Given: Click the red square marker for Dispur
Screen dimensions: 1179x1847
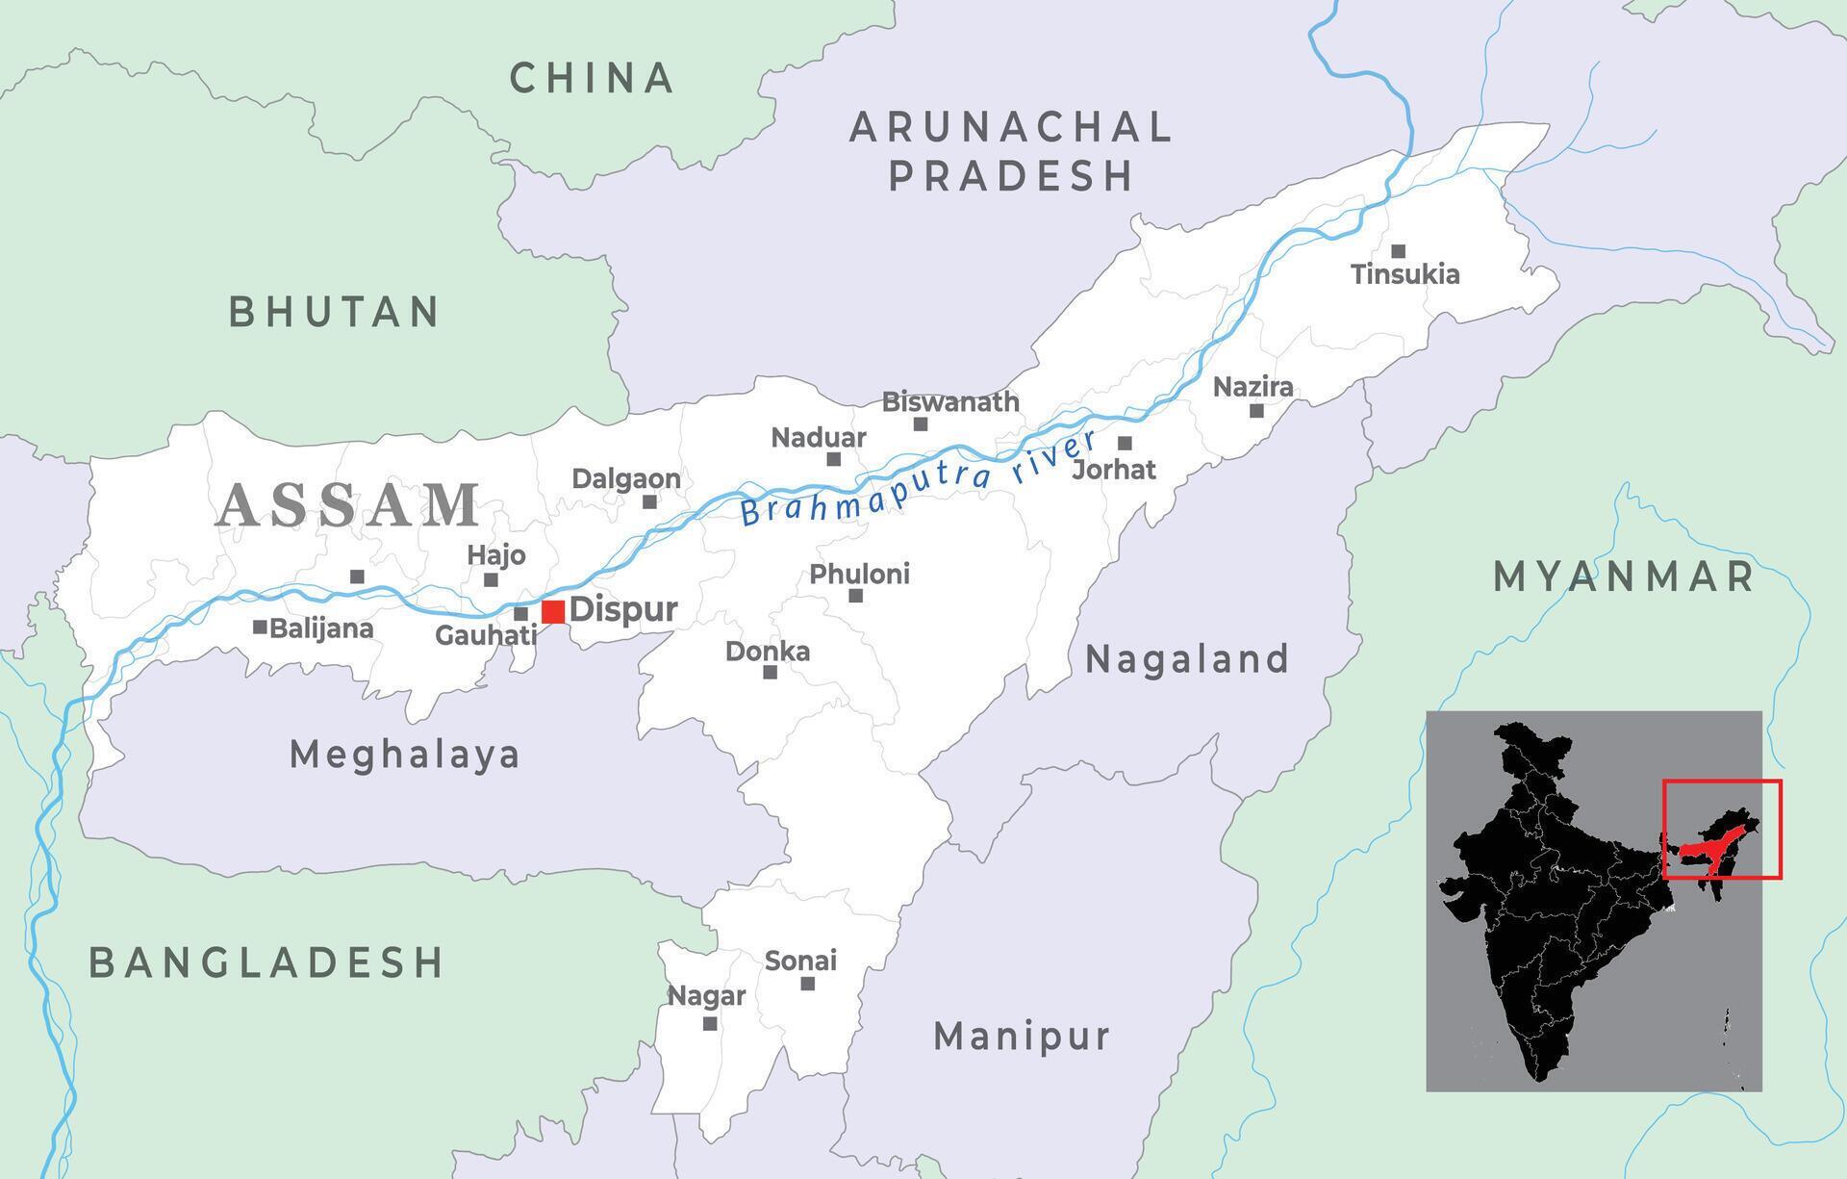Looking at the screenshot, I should pos(553,611).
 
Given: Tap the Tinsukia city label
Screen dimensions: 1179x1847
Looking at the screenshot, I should pos(1404,274).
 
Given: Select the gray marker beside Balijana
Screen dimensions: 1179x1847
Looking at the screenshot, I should pos(260,627).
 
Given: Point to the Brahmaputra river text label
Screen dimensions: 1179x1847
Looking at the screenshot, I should pos(919,478).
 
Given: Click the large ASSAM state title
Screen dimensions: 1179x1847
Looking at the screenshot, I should pos(348,505).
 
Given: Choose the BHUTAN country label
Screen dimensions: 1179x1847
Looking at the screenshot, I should pos(334,312).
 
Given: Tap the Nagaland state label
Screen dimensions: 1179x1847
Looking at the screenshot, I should pos(1186,659).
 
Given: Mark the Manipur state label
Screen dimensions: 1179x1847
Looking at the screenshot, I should pos(1022,1037).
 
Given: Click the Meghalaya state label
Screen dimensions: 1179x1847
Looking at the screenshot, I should pos(405,755).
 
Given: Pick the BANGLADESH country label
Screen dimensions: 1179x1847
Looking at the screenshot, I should pos(266,962).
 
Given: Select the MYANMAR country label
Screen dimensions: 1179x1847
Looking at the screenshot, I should pos(1624,577).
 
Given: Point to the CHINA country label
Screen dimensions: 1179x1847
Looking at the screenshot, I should pos(592,78).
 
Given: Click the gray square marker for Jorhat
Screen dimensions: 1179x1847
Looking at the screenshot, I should pos(1125,443).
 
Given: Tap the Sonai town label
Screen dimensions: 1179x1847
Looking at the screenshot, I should pos(800,961).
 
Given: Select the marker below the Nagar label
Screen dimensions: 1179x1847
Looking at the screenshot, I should pos(710,1023).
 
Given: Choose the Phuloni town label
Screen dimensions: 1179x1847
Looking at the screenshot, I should pos(859,575).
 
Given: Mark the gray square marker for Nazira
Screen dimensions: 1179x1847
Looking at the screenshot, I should pos(1256,411).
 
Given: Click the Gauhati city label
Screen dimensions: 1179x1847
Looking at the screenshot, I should pos(486,635).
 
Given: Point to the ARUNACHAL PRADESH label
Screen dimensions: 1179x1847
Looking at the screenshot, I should pos(1010,151).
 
